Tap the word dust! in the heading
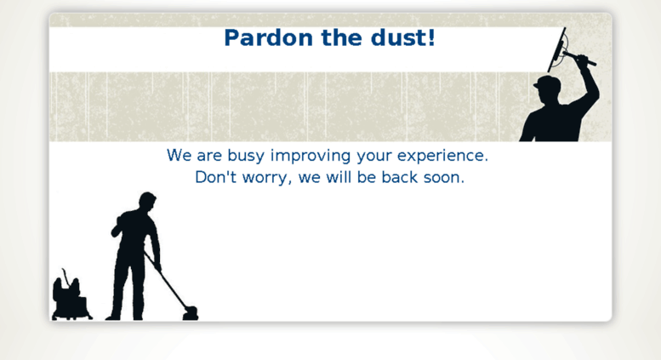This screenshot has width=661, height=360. pyautogui.click(x=403, y=38)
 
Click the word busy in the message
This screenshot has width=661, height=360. pyautogui.click(x=246, y=156)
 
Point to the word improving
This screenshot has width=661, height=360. pyautogui.click(x=311, y=156)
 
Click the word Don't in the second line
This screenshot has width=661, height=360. pyautogui.click(x=215, y=177)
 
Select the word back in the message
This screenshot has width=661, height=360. pyautogui.click(x=400, y=177)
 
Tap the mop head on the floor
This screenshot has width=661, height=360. pyautogui.click(x=190, y=313)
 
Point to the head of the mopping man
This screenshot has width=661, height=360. pyautogui.click(x=147, y=202)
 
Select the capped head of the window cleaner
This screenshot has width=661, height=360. pyautogui.click(x=547, y=88)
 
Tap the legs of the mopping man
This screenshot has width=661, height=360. pyautogui.click(x=126, y=287)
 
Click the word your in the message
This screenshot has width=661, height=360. pyautogui.click(x=374, y=157)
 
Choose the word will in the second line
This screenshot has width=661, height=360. pyautogui.click(x=339, y=177)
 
